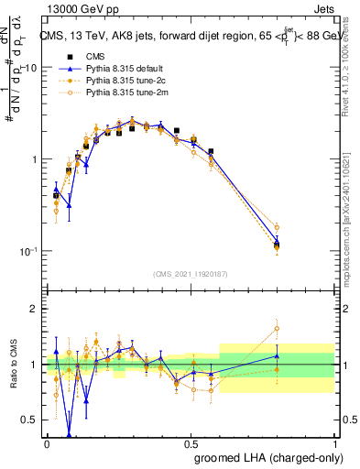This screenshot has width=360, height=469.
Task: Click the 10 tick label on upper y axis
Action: (30, 69)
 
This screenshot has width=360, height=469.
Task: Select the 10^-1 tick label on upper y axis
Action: (27, 252)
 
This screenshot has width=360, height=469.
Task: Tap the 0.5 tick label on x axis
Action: (191, 442)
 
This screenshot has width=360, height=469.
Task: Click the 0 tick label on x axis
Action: (47, 442)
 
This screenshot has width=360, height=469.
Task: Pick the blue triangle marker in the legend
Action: (65, 69)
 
